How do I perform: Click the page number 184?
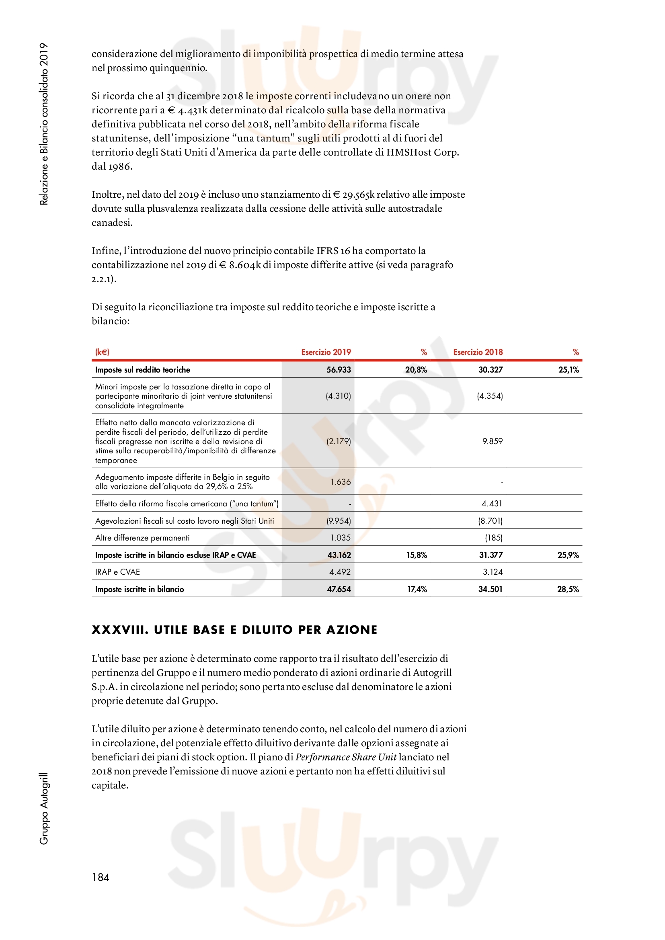coord(101,877)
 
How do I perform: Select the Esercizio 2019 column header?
coord(326,352)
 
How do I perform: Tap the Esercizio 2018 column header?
coord(478,352)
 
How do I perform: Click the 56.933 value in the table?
coord(339,370)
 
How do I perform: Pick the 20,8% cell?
coord(416,370)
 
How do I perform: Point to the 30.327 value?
coord(490,370)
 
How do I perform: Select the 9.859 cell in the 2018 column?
coord(492,441)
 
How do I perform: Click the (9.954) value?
coord(339,521)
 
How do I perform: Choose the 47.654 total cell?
coord(339,589)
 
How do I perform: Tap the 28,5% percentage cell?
coord(568,589)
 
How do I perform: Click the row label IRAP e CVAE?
coord(117,572)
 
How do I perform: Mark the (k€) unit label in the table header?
coord(102,352)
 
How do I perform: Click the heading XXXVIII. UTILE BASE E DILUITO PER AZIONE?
coord(234,630)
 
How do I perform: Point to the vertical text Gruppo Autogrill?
coord(44,808)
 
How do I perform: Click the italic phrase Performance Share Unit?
coord(346,757)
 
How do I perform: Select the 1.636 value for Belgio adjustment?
coord(341,482)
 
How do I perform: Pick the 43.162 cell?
coord(339,555)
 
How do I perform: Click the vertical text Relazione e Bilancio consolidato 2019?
coord(44,124)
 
